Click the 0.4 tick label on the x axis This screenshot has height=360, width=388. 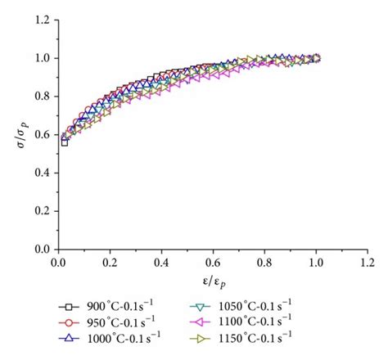coord(161,262)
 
